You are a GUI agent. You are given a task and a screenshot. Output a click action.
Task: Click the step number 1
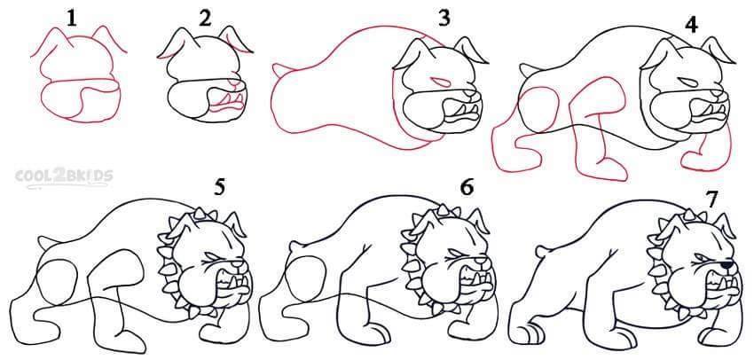tap(72, 19)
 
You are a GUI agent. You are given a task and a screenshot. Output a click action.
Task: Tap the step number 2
tap(205, 19)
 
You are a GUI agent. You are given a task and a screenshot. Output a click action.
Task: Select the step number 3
tap(444, 19)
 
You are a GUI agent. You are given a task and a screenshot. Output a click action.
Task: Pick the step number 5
tap(219, 188)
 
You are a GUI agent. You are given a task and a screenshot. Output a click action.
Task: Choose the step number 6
tap(467, 188)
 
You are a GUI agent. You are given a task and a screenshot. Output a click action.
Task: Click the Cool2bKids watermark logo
tap(64, 176)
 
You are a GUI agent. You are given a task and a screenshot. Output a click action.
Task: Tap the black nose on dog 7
tap(728, 264)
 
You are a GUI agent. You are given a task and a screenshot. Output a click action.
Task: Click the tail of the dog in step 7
tap(541, 250)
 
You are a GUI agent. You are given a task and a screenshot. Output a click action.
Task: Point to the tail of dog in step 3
tap(279, 70)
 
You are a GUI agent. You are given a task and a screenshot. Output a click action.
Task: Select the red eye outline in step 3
tap(439, 82)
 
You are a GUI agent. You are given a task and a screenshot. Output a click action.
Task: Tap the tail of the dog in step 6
tap(294, 247)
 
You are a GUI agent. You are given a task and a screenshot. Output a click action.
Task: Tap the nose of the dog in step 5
tap(239, 264)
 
